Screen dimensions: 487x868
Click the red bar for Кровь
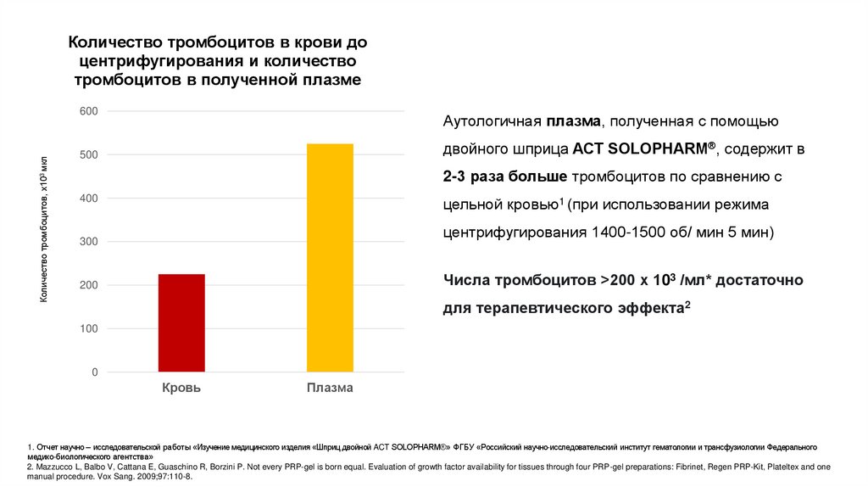pos(181,322)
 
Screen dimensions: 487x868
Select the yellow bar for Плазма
pos(330,257)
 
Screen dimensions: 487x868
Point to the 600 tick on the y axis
pos(89,111)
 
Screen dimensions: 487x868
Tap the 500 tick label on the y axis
pos(89,155)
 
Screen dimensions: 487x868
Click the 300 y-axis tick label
pos(89,242)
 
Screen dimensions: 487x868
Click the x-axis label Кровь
pos(181,388)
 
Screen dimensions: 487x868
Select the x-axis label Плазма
pos(330,388)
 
